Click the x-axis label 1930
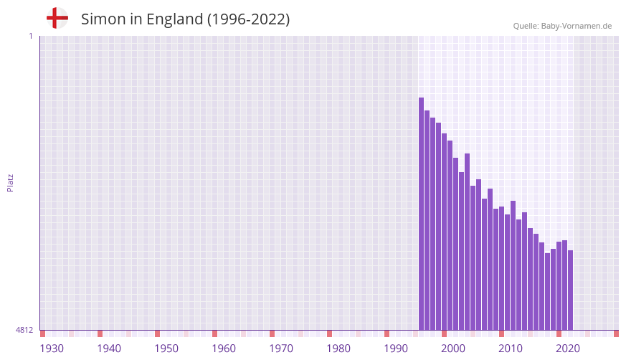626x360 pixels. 52,349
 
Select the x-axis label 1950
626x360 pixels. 166,349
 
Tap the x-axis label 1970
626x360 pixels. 281,349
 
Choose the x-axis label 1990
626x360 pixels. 396,349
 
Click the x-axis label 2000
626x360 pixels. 453,349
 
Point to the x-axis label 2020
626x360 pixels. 568,349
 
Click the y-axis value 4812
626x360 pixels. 24,331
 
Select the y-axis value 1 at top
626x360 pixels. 30,36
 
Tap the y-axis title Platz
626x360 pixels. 10,182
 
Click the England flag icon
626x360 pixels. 57,19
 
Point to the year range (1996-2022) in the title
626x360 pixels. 248,19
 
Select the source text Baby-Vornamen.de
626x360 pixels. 576,26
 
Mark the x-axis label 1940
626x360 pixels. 109,349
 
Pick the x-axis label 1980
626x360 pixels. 338,349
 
